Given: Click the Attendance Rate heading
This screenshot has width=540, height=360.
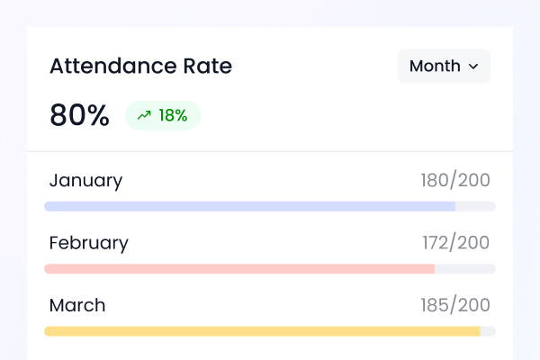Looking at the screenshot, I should (x=140, y=66).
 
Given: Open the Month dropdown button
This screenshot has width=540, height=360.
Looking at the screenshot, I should (x=444, y=66).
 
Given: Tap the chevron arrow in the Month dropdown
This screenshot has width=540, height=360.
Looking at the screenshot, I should (x=473, y=67).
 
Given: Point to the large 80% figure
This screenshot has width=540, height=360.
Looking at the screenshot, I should (x=79, y=115).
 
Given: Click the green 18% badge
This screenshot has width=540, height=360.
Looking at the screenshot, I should (x=163, y=115).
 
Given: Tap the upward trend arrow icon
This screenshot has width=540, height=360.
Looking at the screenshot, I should (x=144, y=115).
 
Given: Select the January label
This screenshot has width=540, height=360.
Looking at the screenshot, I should (x=85, y=180).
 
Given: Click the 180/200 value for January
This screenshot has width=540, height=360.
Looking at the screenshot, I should (x=455, y=180).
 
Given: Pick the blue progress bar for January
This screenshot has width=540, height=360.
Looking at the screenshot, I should (x=249, y=206).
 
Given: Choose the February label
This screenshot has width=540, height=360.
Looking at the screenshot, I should (x=88, y=243).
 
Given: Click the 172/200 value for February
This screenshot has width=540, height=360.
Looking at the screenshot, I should (x=456, y=243).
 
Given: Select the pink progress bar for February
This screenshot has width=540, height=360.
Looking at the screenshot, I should (x=239, y=269).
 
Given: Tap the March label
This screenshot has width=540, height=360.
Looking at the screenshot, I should (x=76, y=305).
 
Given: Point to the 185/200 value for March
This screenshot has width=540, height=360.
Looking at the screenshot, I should (x=455, y=305).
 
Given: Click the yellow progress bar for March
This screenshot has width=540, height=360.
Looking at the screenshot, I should (x=262, y=331).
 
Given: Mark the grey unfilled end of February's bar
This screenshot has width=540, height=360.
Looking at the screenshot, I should (x=465, y=269).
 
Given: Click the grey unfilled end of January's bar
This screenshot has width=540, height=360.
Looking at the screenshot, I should (x=475, y=206).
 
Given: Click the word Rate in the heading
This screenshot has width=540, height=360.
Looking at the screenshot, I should (x=207, y=66).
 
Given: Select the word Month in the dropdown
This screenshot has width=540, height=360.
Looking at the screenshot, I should (x=435, y=66).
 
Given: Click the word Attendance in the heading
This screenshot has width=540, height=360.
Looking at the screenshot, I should (x=112, y=66).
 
